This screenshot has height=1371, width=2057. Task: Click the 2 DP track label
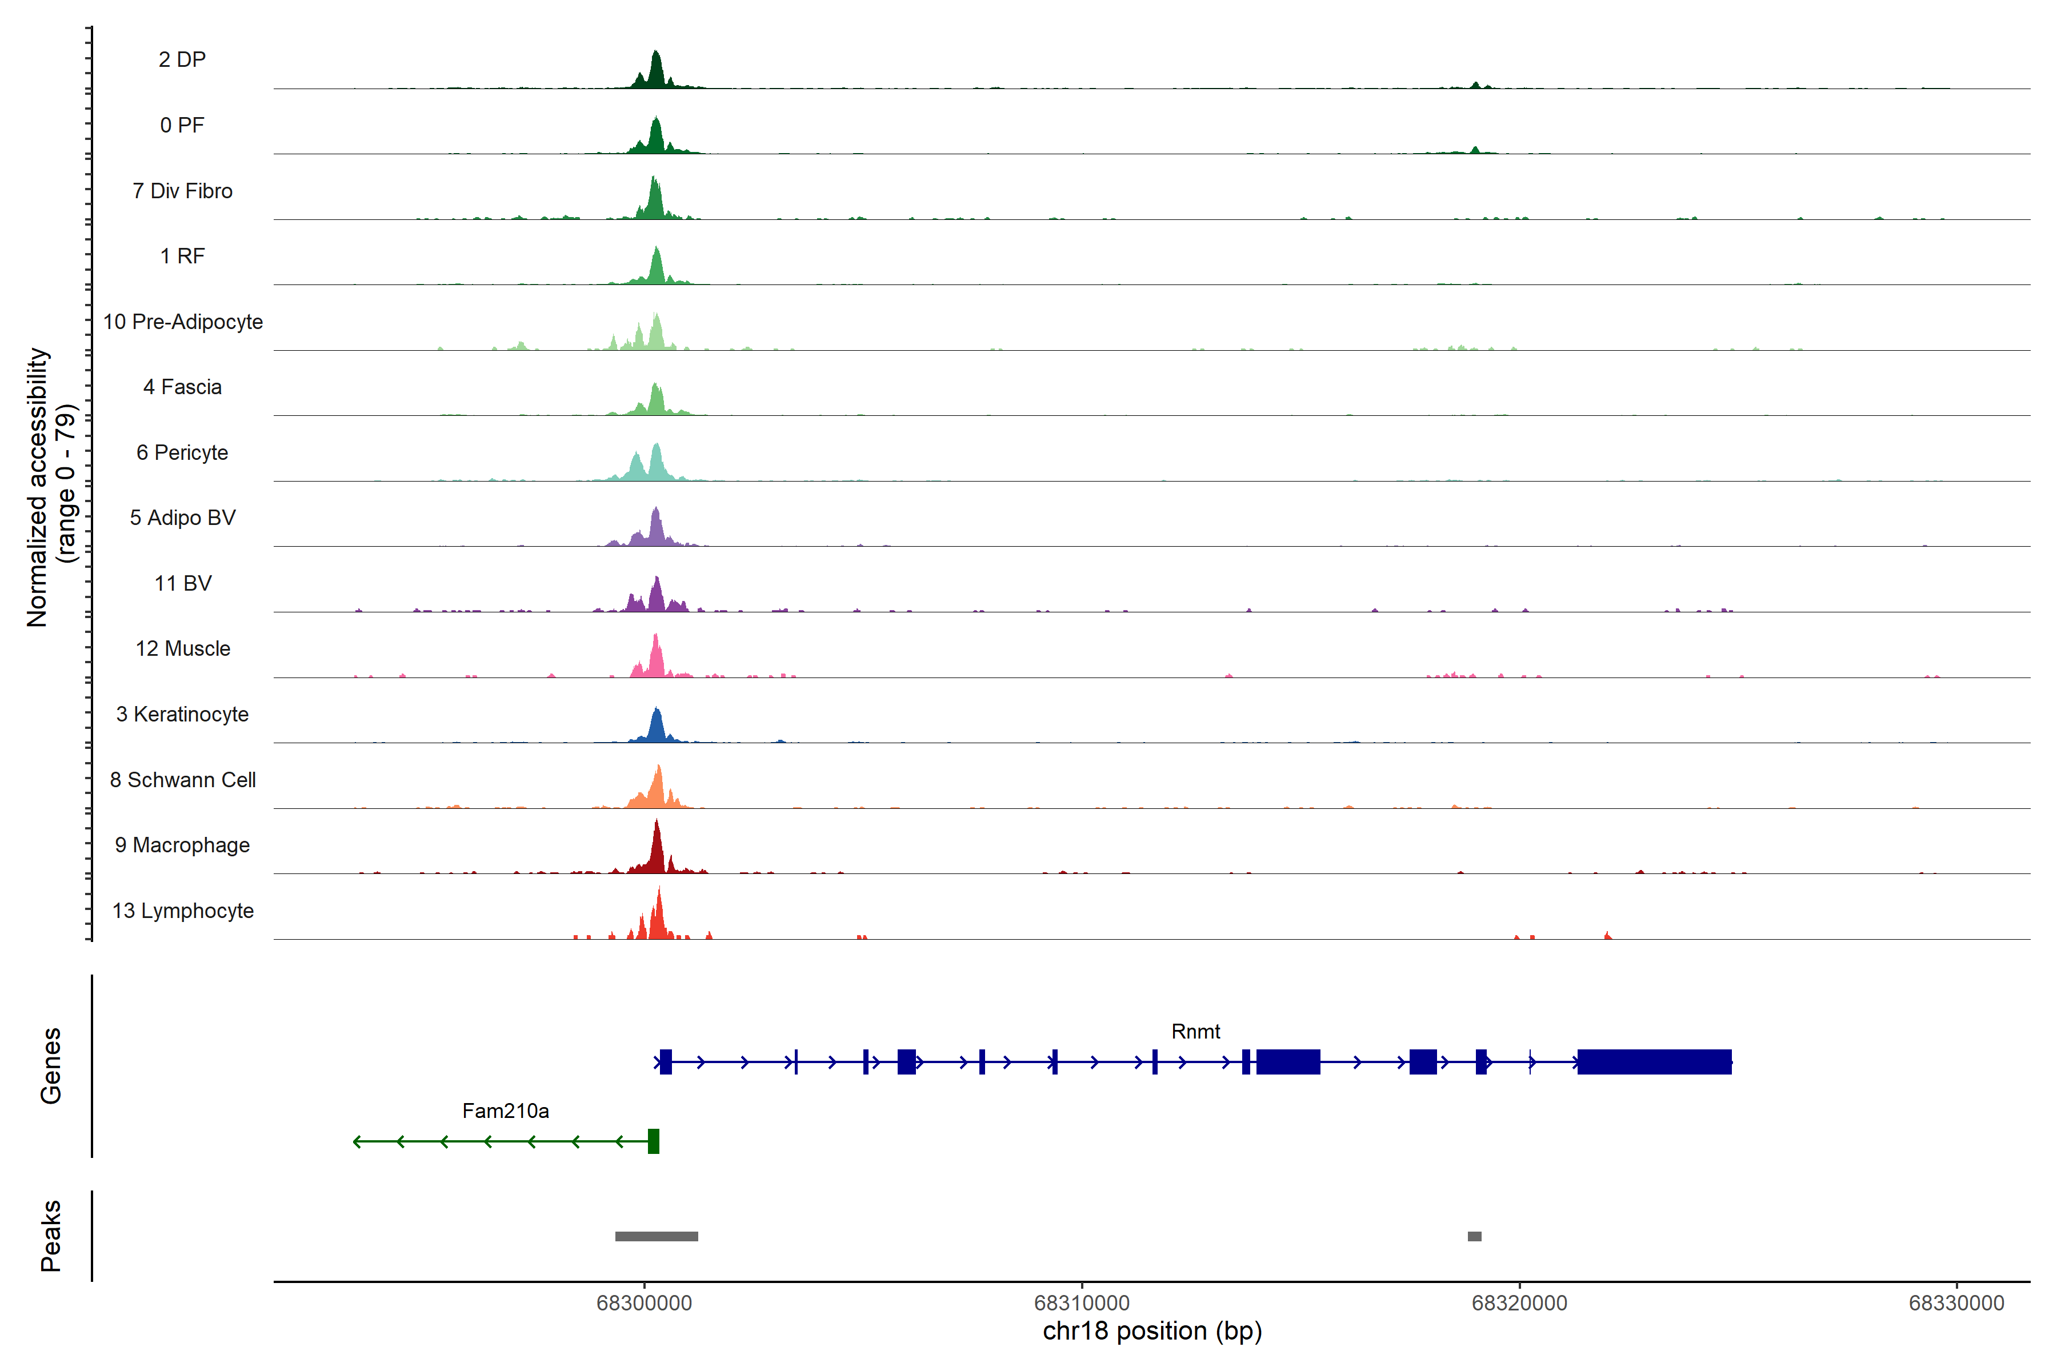click(x=182, y=59)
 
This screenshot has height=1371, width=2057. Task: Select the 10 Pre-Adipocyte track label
click(x=183, y=322)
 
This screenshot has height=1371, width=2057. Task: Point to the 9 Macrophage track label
click(x=182, y=845)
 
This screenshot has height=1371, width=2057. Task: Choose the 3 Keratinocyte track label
click(x=182, y=715)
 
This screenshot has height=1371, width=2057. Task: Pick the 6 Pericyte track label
click(x=182, y=453)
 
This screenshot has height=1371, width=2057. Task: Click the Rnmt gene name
click(x=1195, y=1032)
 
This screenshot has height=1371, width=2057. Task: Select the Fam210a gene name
click(x=506, y=1111)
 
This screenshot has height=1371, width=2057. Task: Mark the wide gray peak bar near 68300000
click(x=656, y=1236)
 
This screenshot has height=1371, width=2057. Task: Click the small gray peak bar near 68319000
click(x=1475, y=1236)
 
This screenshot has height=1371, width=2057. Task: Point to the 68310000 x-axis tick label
click(x=1082, y=1303)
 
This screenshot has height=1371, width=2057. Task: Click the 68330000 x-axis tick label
click(x=1956, y=1303)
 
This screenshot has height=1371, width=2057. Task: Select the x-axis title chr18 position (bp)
click(x=1152, y=1331)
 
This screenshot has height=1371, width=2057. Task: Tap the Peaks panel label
click(x=51, y=1236)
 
